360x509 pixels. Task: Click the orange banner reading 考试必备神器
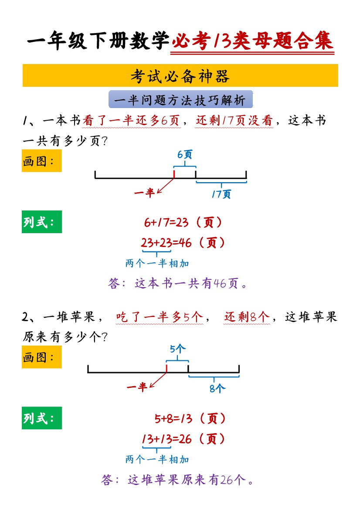click(x=180, y=76)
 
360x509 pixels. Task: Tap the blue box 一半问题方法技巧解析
click(x=180, y=100)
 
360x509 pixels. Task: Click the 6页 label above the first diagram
click(x=185, y=154)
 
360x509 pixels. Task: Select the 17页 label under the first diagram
click(x=221, y=194)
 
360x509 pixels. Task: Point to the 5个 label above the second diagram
click(x=177, y=349)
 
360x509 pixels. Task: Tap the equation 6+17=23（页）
click(x=183, y=223)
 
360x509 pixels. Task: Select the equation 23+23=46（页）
click(x=183, y=243)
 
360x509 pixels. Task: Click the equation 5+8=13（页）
click(x=190, y=419)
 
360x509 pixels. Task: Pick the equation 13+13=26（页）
click(x=183, y=439)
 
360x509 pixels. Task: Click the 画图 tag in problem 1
click(x=41, y=161)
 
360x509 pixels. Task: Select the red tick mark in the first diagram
click(x=174, y=174)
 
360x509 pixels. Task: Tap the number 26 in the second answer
click(x=226, y=480)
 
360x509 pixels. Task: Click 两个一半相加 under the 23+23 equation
click(x=157, y=263)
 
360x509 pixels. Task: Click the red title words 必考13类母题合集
click(x=252, y=42)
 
